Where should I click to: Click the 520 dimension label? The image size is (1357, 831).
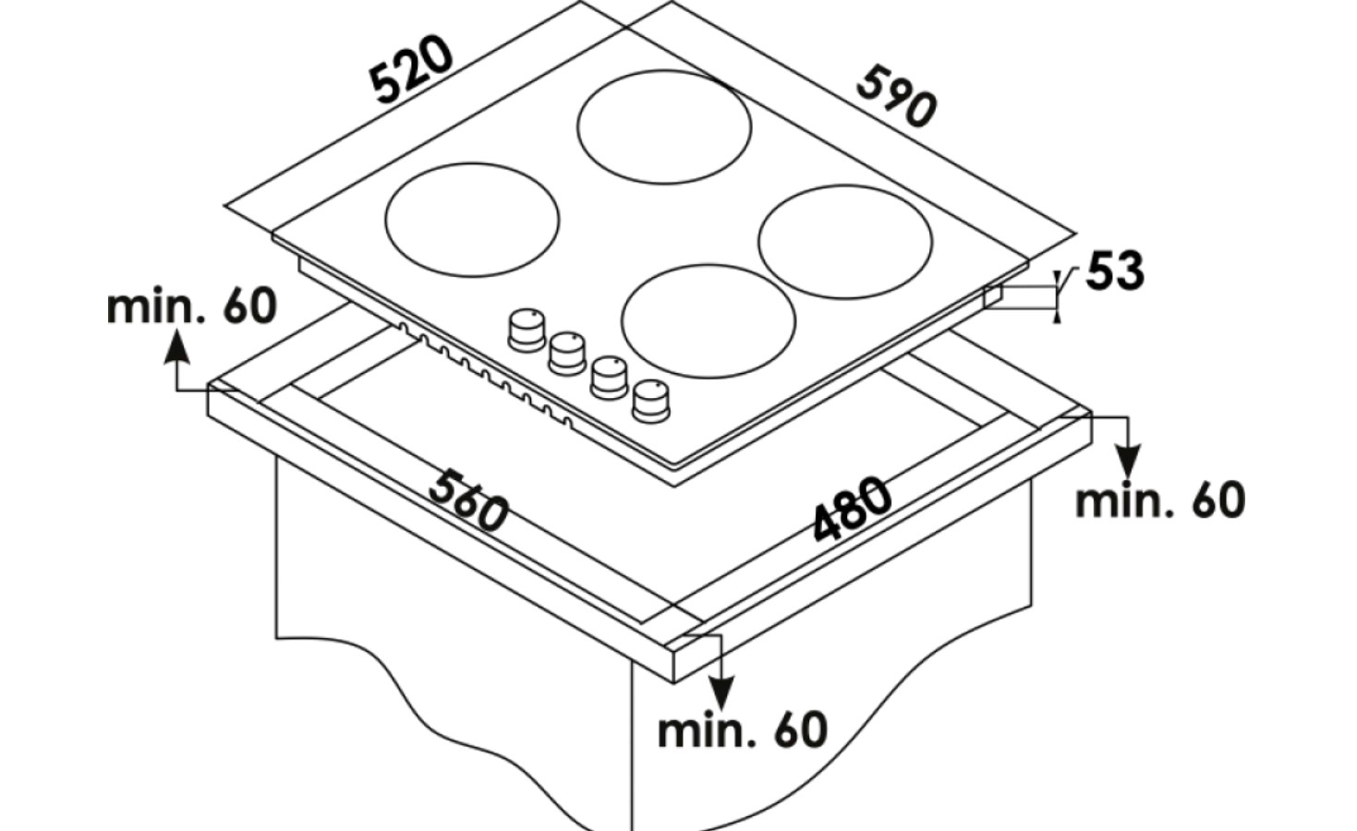412,69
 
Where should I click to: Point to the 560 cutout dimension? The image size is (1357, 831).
467,500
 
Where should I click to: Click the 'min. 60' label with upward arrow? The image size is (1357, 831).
191,307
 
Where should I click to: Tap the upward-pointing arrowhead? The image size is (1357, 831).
176,348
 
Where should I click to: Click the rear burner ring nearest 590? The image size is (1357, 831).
664,127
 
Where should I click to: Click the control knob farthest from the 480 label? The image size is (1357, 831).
527,331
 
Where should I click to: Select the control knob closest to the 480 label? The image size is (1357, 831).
651,402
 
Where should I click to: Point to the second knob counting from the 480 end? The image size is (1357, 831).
609,378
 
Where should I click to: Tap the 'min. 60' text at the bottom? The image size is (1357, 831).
742,731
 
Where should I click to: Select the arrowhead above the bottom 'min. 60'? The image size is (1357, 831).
721,692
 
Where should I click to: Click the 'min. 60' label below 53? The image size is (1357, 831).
1160,500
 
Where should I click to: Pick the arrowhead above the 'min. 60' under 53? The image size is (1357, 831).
1127,462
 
